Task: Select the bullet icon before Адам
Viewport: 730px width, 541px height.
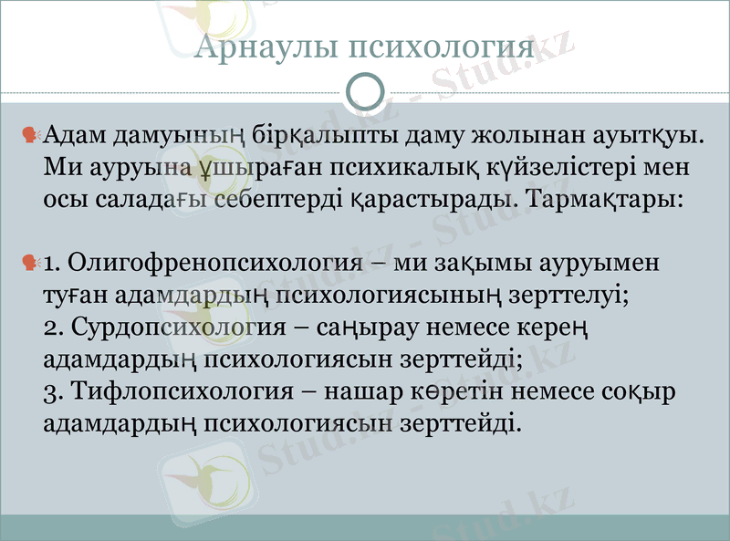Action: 30,137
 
